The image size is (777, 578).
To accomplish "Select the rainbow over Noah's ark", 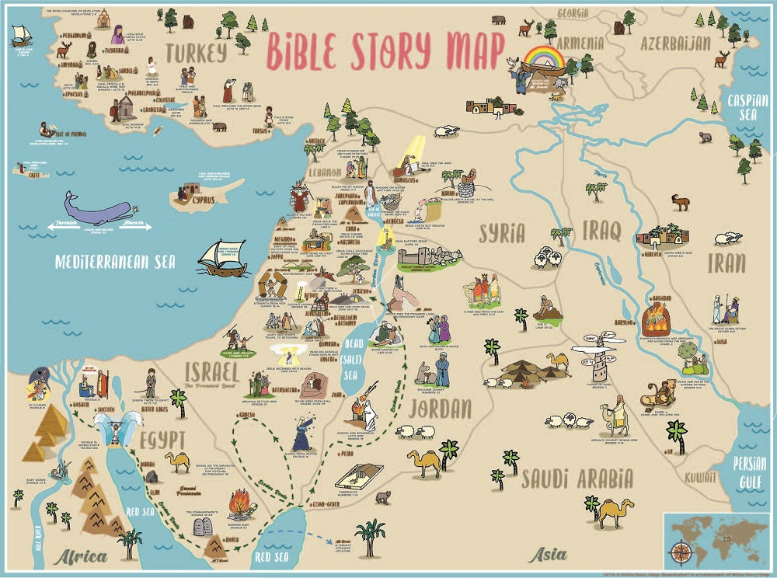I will [x=543, y=57].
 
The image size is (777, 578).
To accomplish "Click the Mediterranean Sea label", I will [x=115, y=261].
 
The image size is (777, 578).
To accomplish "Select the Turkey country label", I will [x=194, y=52].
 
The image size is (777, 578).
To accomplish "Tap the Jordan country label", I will [x=440, y=408].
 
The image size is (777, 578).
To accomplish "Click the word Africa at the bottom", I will [x=80, y=556].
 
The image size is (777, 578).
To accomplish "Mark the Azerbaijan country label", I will [x=671, y=42].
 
